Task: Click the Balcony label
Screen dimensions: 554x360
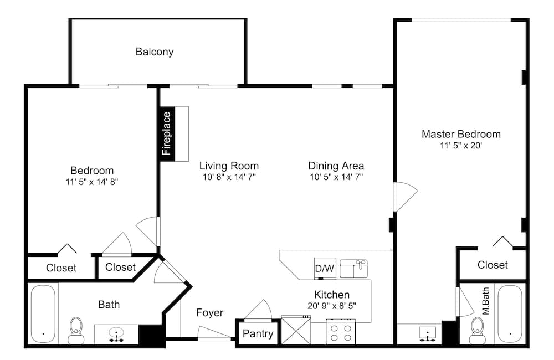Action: [x=155, y=52]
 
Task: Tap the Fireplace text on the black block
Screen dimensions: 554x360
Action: [x=166, y=133]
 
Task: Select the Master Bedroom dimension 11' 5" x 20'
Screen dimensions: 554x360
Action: [x=461, y=145]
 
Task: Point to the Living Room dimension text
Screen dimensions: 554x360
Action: [x=229, y=177]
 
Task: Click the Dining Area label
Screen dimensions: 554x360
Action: [x=336, y=166]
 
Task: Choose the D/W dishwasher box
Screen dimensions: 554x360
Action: [x=325, y=269]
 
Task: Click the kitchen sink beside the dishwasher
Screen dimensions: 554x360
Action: [x=353, y=269]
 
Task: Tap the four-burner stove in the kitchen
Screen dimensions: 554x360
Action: [x=341, y=331]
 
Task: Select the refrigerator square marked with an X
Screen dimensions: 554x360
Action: [x=296, y=330]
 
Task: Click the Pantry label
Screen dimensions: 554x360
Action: [x=258, y=333]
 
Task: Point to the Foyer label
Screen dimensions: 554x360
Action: [x=209, y=313]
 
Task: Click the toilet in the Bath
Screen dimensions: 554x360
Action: [x=76, y=330]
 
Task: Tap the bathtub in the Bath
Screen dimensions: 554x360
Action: [x=43, y=314]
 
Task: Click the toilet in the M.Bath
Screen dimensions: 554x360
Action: [x=477, y=330]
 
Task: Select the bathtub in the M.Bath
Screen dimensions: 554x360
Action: [x=510, y=314]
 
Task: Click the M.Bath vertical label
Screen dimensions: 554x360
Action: [x=486, y=301]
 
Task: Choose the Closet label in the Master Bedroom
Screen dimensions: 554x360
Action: [x=493, y=265]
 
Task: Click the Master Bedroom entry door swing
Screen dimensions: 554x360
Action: [x=406, y=197]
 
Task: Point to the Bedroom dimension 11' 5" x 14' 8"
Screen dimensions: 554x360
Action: [x=92, y=182]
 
